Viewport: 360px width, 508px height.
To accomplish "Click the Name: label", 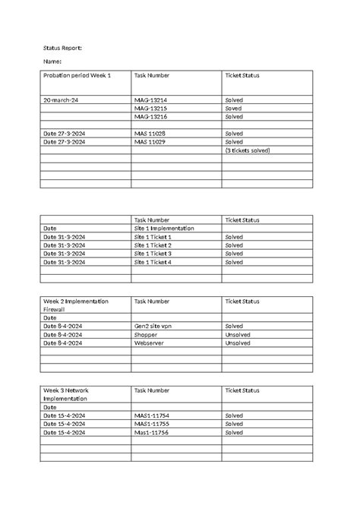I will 52,62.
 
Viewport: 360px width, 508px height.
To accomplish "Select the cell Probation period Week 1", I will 77,76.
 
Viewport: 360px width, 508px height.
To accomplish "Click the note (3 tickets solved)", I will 248,150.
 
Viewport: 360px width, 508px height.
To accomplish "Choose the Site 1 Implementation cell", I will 163,228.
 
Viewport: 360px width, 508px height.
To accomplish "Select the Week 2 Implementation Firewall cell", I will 76,305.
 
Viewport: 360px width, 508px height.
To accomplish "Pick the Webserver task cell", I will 150,342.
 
